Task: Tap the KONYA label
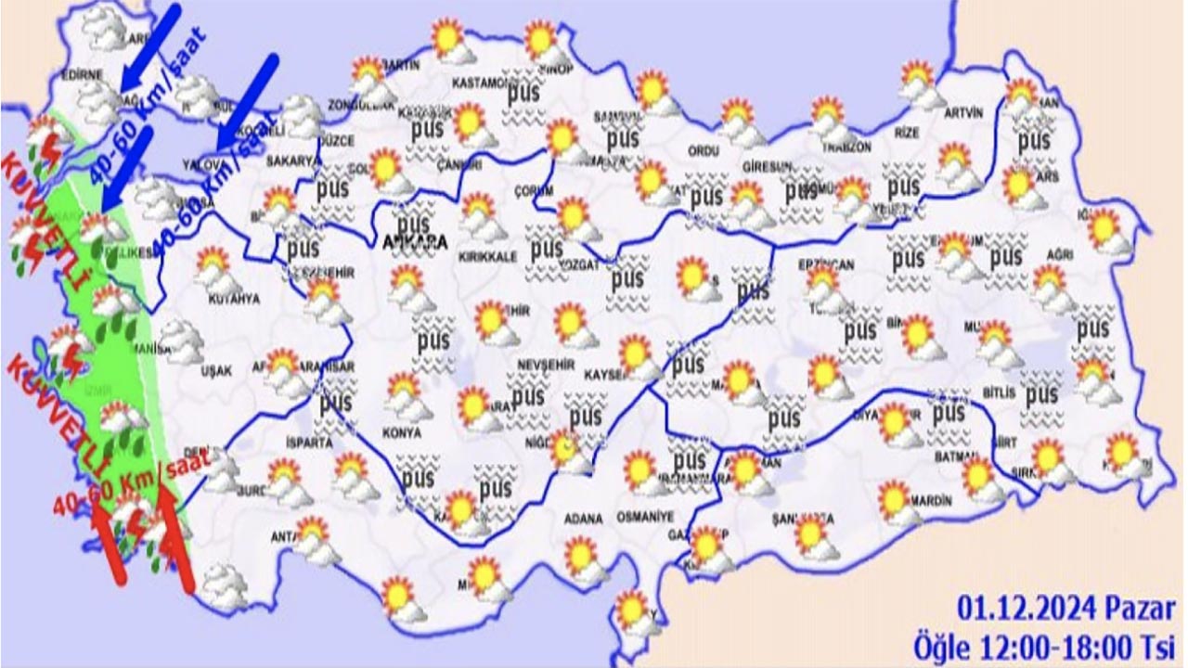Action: point(401,432)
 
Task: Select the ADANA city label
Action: point(583,517)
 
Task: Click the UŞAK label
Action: point(216,370)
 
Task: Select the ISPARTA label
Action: point(309,443)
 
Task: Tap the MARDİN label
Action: point(931,501)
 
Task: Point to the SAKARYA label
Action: point(292,161)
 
